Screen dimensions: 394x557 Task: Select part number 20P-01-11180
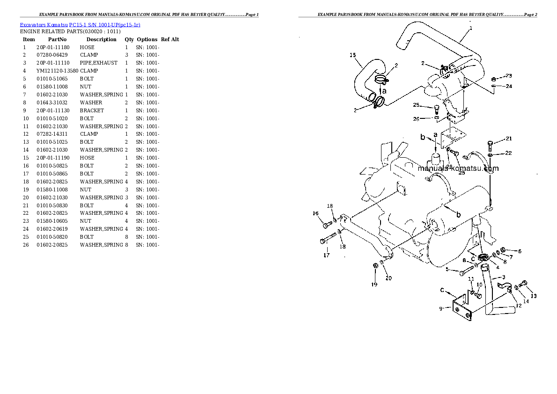52,47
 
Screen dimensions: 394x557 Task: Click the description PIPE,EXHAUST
98,63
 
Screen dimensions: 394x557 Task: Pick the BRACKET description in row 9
92,110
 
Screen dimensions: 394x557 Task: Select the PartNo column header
57,40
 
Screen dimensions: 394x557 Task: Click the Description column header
101,40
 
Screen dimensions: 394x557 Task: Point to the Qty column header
129,40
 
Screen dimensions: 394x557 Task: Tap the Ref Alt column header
170,40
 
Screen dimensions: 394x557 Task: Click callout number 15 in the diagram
353,55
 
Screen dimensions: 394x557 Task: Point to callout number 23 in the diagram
509,76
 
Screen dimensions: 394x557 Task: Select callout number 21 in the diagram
509,139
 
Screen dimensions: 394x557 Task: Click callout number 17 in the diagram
326,255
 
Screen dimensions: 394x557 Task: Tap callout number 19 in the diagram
374,284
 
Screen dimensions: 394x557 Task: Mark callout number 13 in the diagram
533,296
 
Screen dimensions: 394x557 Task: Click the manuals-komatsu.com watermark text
458,169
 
